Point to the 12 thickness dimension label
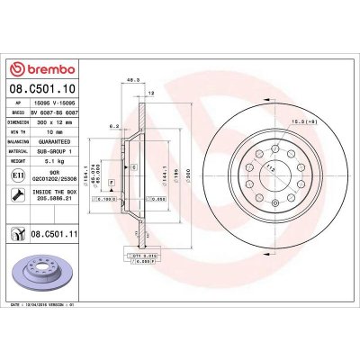point(149,94)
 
